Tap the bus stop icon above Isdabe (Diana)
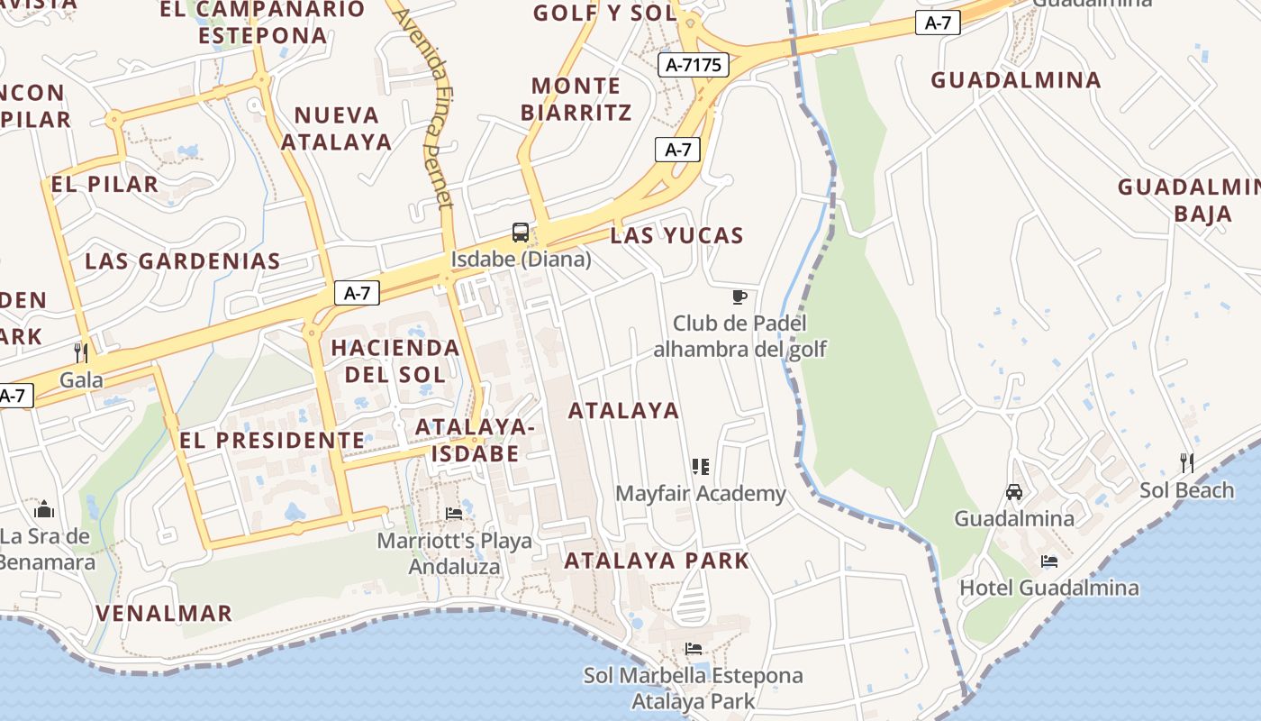pos(521,233)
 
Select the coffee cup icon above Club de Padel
pos(739,297)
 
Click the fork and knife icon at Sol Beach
pos(1187,463)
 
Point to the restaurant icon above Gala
pos(81,352)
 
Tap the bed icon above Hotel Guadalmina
pos(1049,561)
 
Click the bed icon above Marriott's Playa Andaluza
pos(454,514)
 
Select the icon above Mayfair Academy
pos(701,467)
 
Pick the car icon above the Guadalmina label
pos(1014,492)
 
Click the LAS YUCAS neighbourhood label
pos(676,236)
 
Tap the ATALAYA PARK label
pos(657,561)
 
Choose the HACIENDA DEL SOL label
pos(395,360)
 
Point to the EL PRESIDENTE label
pos(272,441)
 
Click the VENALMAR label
pos(164,614)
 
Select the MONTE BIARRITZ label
pos(576,99)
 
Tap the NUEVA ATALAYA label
pos(337,129)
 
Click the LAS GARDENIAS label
pos(183,261)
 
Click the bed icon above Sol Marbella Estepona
pos(693,649)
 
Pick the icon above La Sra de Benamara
pos(44,511)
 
